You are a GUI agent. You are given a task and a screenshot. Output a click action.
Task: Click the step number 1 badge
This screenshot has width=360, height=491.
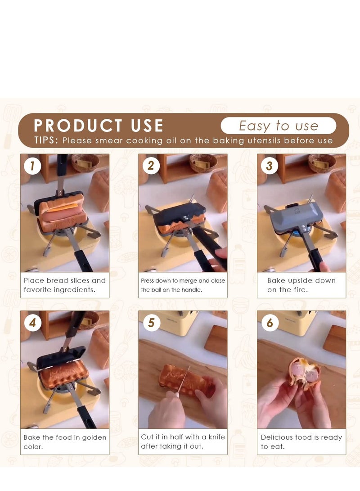[x=32, y=166]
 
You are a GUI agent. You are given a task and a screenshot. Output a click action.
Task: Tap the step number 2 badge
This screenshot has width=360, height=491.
[x=151, y=166]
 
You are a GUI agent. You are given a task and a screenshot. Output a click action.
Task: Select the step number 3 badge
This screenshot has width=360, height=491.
[x=269, y=166]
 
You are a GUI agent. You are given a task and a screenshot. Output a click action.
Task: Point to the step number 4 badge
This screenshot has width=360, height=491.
[x=32, y=323]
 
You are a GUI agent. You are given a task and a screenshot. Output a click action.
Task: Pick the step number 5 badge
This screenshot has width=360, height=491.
[x=151, y=323]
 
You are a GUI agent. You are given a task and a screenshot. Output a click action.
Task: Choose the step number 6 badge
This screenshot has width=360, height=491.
[x=270, y=323]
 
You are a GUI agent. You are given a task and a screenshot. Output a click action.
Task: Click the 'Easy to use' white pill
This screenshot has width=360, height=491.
[x=278, y=126]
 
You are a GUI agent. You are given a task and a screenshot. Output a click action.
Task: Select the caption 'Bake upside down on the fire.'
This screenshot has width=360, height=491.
[x=301, y=285]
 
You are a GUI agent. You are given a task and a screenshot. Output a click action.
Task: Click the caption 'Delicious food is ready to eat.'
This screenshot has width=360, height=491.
[x=301, y=441]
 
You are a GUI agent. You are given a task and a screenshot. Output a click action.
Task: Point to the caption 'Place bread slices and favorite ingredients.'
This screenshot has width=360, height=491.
[x=65, y=285]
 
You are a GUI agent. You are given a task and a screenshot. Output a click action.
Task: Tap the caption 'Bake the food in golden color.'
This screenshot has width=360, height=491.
[x=65, y=441]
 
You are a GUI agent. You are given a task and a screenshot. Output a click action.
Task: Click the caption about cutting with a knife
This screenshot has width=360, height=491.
[x=183, y=441]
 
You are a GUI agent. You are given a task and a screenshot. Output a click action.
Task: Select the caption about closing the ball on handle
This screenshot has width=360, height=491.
[x=183, y=285]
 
